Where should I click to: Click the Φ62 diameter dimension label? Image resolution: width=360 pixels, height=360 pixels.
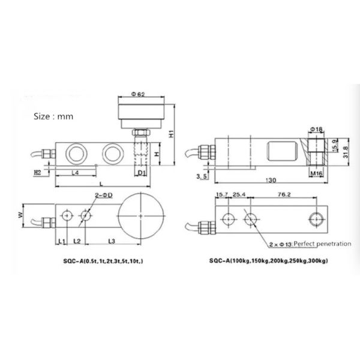coord(139,94)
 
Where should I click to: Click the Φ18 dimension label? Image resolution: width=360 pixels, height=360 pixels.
coord(317,128)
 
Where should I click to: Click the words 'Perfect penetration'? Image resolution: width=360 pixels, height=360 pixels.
coord(309,245)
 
